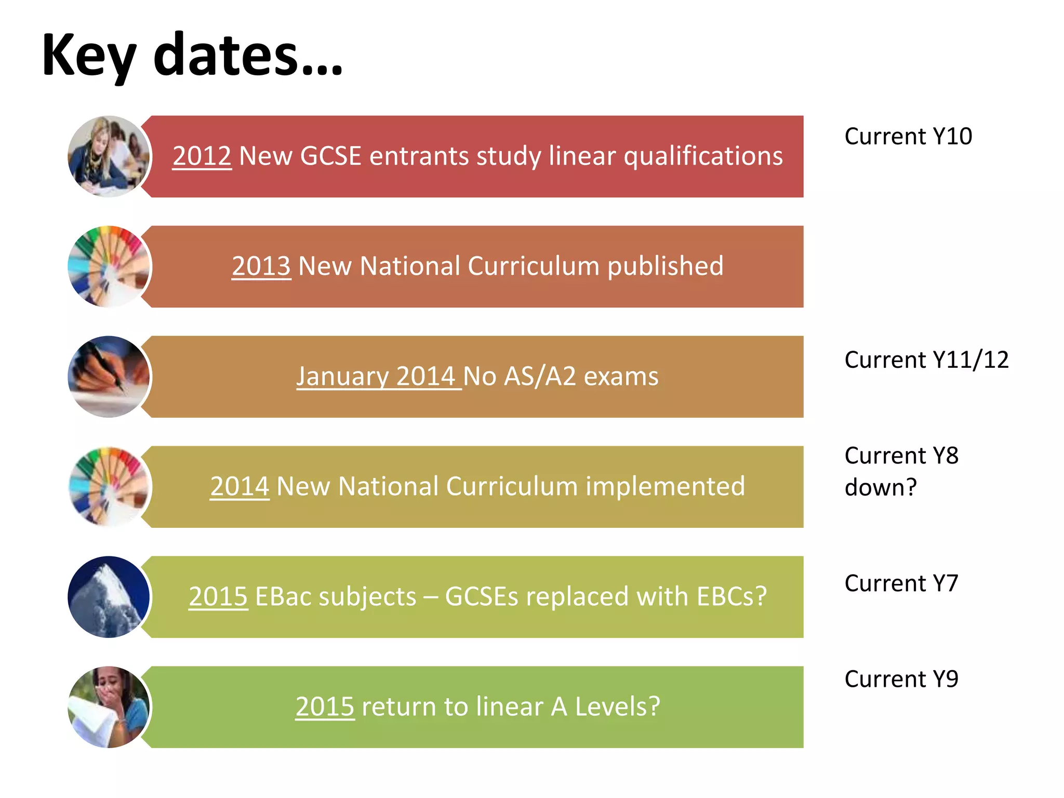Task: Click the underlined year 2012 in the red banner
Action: pos(202,156)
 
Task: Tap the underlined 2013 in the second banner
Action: pos(261,266)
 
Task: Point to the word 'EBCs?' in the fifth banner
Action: pos(731,596)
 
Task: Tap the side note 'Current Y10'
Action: pos(908,137)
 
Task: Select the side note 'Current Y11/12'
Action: pos(926,360)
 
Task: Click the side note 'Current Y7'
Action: pos(901,583)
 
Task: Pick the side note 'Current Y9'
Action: pos(901,679)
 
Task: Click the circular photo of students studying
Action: pos(109,156)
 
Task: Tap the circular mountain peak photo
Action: pos(109,597)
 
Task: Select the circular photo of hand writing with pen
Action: pos(109,377)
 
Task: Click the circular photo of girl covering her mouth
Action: pos(109,707)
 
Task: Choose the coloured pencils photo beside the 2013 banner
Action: pos(109,267)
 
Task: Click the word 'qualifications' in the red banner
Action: pos(703,156)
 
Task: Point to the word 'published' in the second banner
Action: pos(665,266)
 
